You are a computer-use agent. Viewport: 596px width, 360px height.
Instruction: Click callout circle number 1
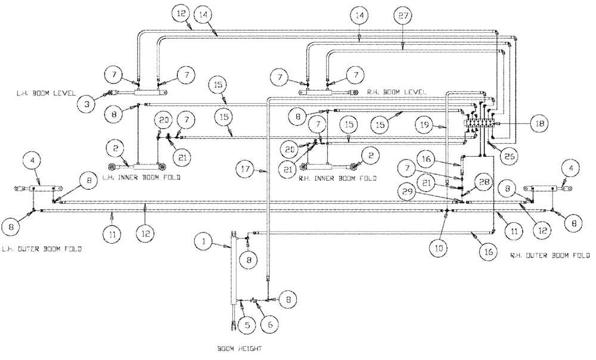tap(204, 242)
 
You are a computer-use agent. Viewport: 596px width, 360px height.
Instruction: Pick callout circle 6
tap(269, 325)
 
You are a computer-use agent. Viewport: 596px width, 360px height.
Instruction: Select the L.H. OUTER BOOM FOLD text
tap(41, 249)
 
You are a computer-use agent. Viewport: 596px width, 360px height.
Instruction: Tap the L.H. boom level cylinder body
tap(145, 92)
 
